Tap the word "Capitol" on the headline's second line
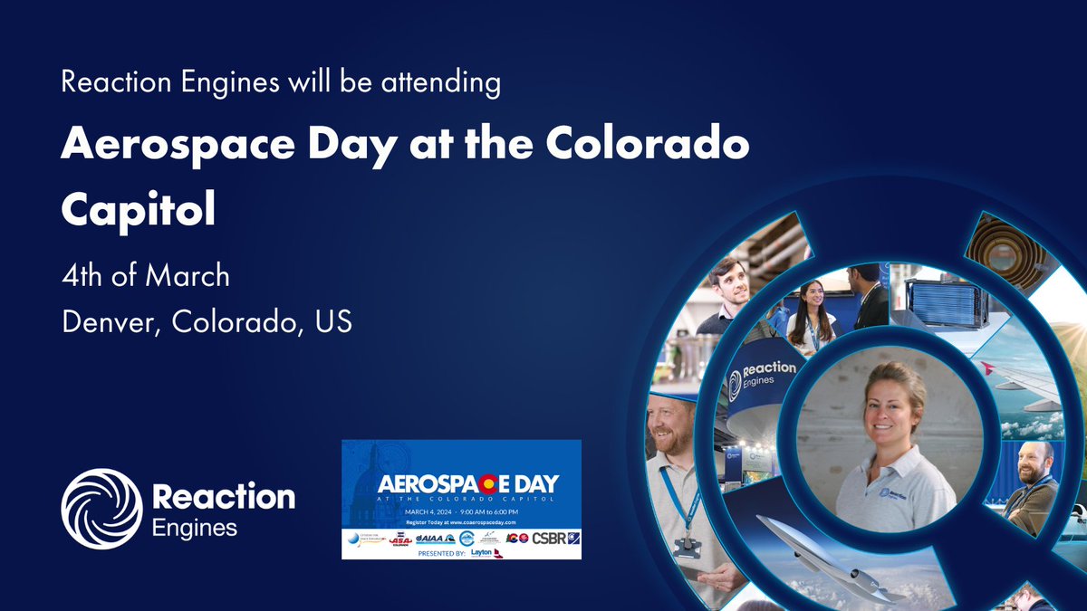(x=138, y=208)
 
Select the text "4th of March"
(x=145, y=275)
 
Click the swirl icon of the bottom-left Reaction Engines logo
(x=101, y=508)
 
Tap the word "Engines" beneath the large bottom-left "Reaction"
(x=195, y=527)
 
